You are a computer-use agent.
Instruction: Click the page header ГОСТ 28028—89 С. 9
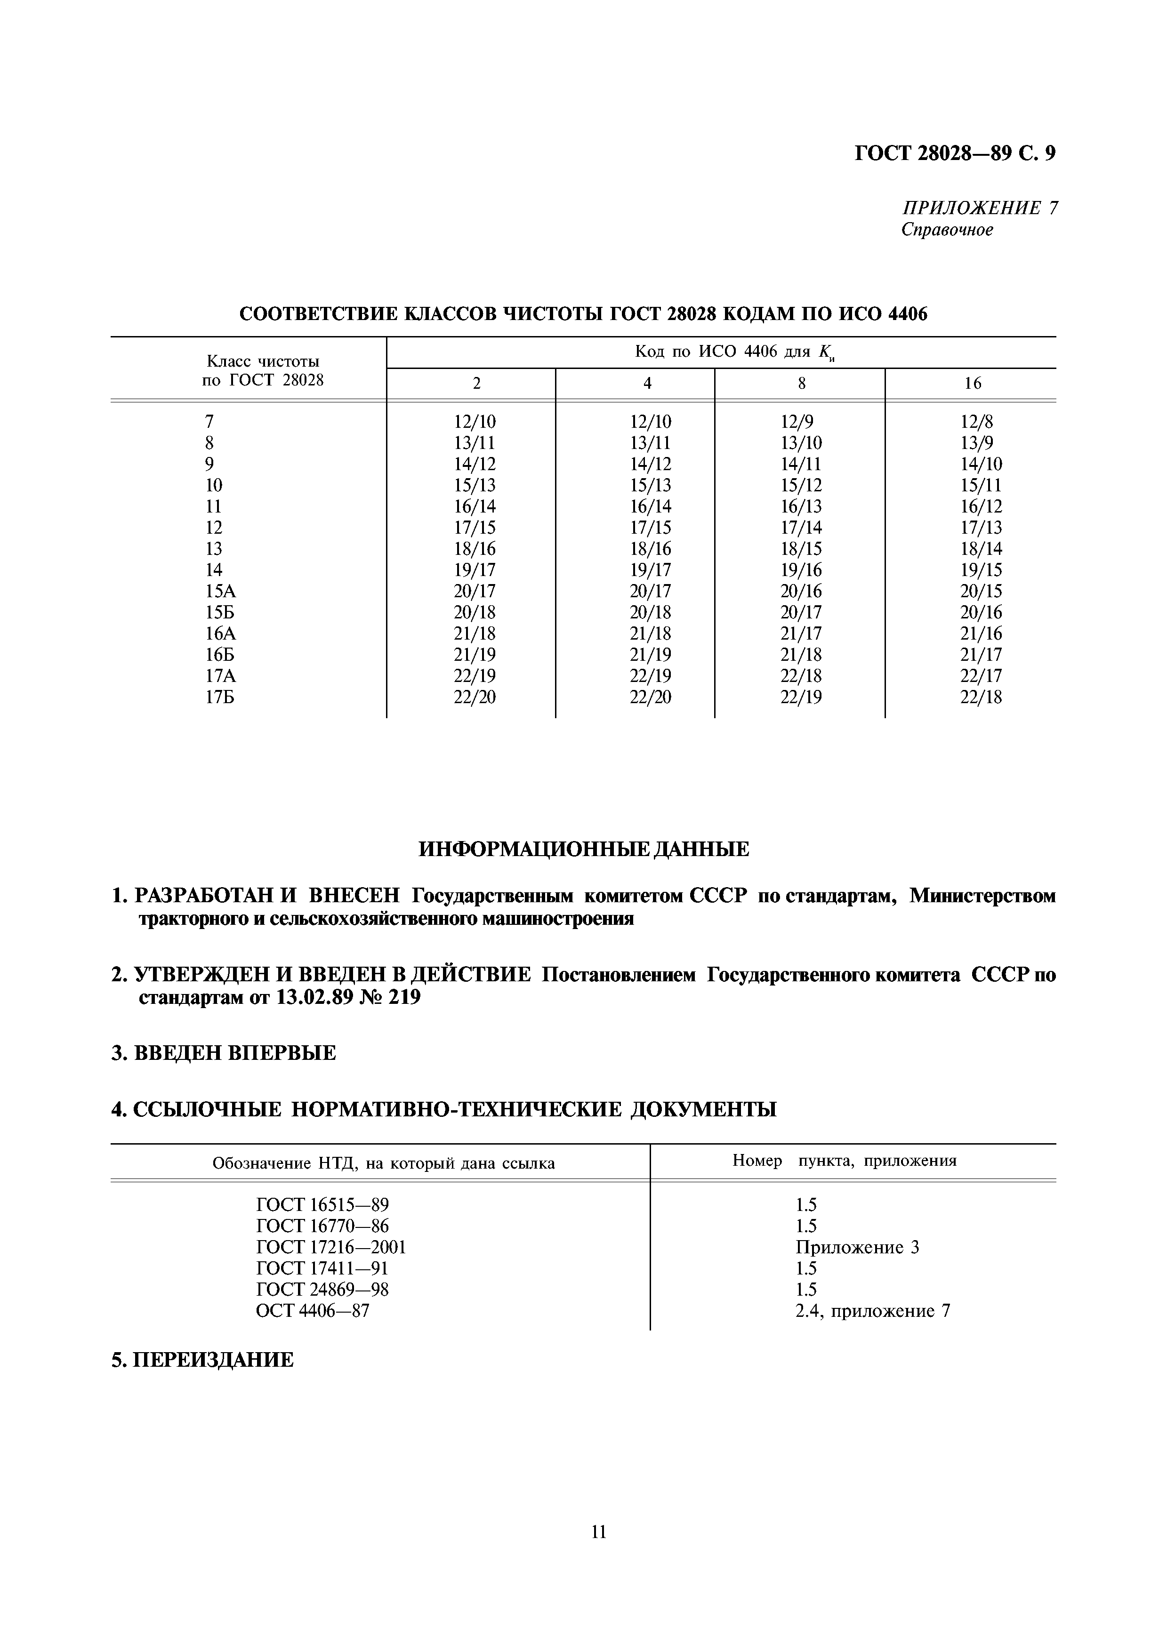point(955,153)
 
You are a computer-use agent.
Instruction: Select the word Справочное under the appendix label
point(947,230)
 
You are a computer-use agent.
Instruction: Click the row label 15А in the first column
point(220,591)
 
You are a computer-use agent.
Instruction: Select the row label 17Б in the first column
point(220,697)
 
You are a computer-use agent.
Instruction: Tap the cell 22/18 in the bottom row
point(981,697)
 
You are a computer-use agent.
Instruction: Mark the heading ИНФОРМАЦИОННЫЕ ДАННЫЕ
point(583,849)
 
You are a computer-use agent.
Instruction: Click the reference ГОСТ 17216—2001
point(331,1247)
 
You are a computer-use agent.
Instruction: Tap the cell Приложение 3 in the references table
point(857,1247)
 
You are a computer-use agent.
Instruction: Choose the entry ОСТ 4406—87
point(312,1311)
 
